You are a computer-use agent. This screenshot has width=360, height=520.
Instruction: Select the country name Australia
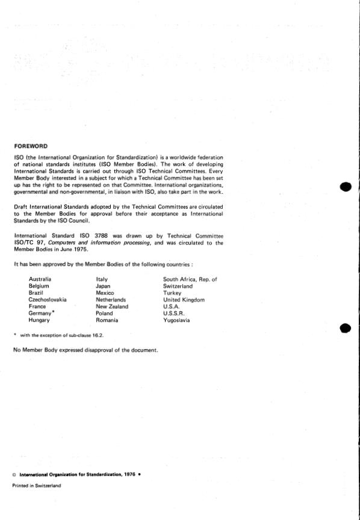[40, 279]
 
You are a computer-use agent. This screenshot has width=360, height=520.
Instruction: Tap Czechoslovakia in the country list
[48, 300]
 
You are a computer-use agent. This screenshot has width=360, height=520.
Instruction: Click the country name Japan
[104, 286]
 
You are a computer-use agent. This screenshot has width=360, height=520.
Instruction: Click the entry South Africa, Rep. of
[190, 279]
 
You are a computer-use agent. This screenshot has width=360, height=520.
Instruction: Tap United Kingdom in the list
[184, 300]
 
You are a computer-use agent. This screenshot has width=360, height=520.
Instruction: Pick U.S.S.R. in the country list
[173, 314]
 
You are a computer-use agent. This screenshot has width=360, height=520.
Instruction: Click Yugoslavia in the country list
[176, 321]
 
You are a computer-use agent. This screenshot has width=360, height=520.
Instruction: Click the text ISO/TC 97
[29, 243]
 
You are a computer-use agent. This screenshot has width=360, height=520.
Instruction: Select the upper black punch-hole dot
[344, 186]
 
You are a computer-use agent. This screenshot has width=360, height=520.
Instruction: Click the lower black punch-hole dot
[344, 328]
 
